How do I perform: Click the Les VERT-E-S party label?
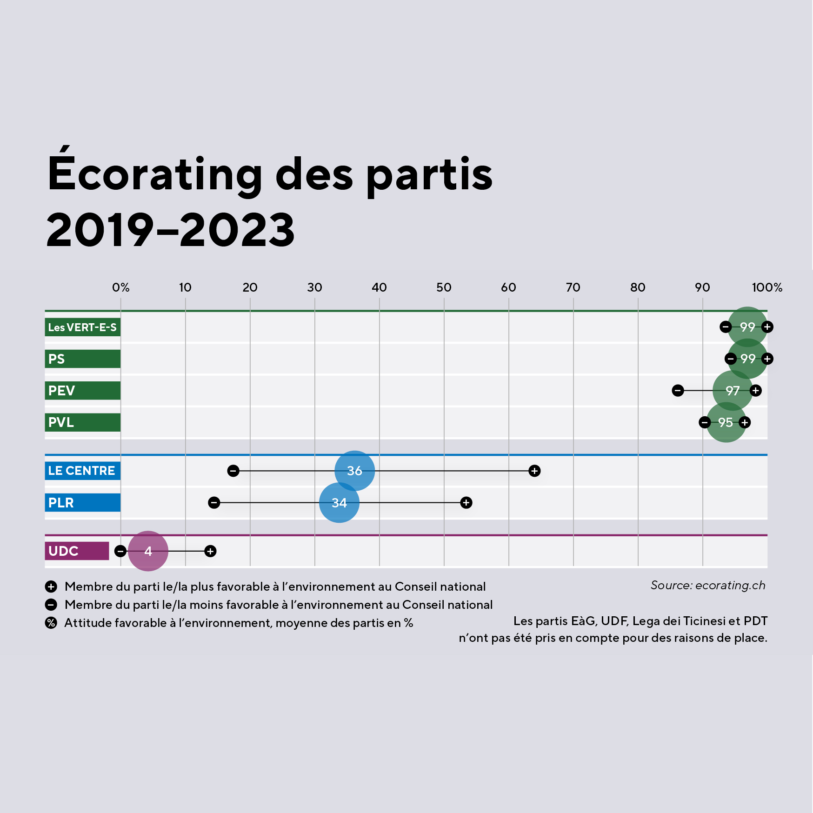pos(82,327)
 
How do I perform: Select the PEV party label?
pos(82,391)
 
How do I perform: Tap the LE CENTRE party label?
pos(82,471)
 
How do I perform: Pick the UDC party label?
pos(77,551)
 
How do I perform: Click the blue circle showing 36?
pos(354,471)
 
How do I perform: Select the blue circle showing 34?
pos(339,503)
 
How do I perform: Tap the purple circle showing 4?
pos(148,551)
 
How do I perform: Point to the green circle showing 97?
pos(733,391)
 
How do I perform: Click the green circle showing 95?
pos(726,422)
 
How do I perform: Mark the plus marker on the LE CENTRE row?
pos(534,471)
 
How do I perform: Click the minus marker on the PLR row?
pos(214,503)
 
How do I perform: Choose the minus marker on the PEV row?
pos(678,391)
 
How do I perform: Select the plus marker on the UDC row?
pos(210,551)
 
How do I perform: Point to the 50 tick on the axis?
pos(444,287)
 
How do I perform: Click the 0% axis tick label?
pos(121,287)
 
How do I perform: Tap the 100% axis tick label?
pos(767,287)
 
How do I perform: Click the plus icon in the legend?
pos(51,586)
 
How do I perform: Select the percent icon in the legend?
pos(51,623)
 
